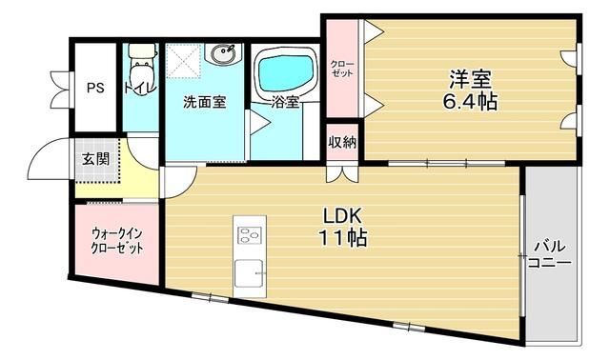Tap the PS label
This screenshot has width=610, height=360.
click(96, 89)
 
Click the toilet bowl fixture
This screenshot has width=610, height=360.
click(141, 70)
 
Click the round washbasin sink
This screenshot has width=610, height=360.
click(225, 56)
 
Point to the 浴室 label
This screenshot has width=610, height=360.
click(285, 102)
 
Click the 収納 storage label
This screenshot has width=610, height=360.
click(342, 144)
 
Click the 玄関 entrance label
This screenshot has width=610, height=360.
click(94, 159)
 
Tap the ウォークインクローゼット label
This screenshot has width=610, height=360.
click(117, 240)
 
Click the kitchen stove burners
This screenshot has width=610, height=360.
click(250, 235)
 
